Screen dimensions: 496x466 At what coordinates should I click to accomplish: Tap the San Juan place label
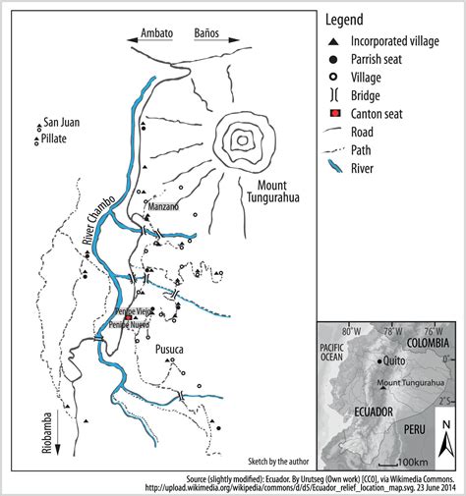click(x=61, y=122)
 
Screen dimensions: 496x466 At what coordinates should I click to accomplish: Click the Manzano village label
click(x=163, y=207)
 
